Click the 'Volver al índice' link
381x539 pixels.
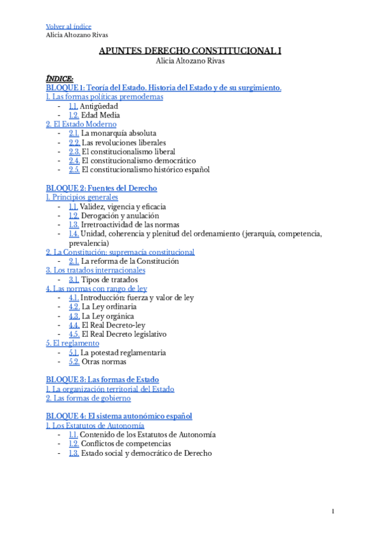tap(69, 26)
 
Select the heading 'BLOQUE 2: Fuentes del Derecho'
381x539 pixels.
tap(102, 188)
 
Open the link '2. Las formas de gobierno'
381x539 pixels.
tap(88, 398)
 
